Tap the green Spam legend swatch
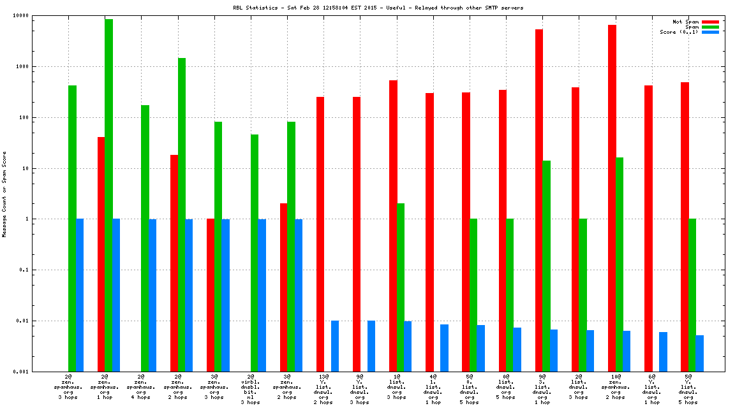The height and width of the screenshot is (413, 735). pos(710,27)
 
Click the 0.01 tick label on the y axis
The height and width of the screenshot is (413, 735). pos(24,321)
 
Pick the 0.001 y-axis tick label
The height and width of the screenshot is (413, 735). pos(22,372)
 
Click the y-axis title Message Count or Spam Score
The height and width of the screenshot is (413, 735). pos(4,194)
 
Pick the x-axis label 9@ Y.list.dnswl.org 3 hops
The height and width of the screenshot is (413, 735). pos(360,389)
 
